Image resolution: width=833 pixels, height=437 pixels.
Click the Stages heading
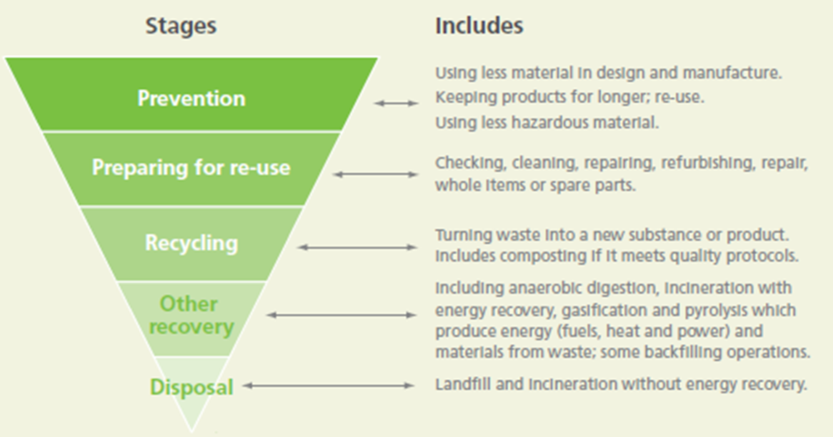coord(181,26)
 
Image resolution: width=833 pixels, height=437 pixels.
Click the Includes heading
coord(479,26)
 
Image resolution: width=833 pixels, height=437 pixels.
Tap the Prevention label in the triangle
coord(191,98)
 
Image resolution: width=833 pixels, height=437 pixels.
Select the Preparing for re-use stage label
coord(191,169)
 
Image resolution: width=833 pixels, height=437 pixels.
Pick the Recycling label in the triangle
coord(191,243)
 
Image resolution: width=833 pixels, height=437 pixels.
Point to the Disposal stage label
coord(191,387)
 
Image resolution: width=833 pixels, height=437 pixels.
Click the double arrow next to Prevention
coord(396,104)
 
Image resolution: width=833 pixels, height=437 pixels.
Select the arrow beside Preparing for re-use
coord(376,174)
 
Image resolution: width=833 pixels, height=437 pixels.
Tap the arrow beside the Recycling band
coord(356,247)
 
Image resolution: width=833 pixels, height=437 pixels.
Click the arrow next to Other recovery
coord(341,315)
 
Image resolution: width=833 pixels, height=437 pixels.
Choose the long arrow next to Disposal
coord(327,386)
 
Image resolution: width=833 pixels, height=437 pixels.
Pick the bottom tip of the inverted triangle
coord(191,431)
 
